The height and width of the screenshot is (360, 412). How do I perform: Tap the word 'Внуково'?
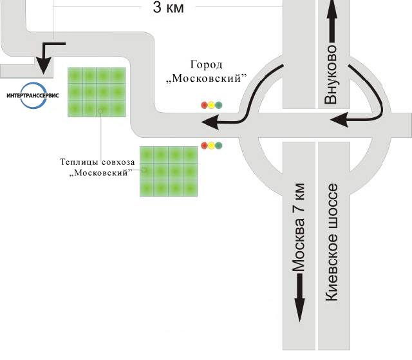click(332, 75)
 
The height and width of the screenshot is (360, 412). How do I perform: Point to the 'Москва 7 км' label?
click(299, 231)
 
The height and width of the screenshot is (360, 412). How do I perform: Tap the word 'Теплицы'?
click(77, 162)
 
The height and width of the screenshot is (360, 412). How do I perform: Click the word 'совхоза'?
click(114, 162)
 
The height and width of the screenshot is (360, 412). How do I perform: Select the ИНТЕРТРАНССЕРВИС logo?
click(32, 95)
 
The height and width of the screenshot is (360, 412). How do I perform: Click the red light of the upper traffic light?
click(205, 105)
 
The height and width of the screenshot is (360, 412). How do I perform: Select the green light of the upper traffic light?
click(219, 105)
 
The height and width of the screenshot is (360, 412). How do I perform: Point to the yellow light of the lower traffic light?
click(212, 146)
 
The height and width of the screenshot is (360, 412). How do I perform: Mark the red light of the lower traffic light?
click(205, 146)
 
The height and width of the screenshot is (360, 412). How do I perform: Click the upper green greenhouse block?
click(97, 91)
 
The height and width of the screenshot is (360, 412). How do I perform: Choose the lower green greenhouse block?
click(169, 171)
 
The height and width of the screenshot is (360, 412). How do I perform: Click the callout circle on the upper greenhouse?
click(100, 111)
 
